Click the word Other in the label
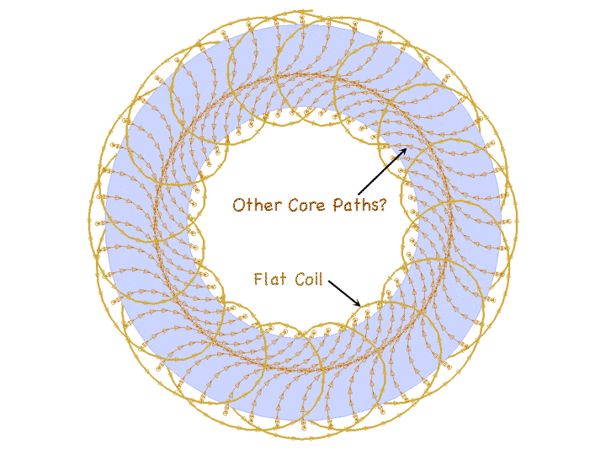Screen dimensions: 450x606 point(256,204)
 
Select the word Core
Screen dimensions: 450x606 point(305,204)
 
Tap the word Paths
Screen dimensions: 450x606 point(354,204)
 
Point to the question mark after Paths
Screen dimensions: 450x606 point(382,204)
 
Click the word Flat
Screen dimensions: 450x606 point(269,278)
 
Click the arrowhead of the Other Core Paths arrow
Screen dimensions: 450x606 point(407,150)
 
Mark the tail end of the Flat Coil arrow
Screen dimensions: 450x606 point(329,282)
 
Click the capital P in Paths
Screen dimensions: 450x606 point(336,204)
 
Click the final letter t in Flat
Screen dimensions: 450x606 point(282,278)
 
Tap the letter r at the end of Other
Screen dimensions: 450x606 point(277,206)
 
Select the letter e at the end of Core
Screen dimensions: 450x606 point(321,206)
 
